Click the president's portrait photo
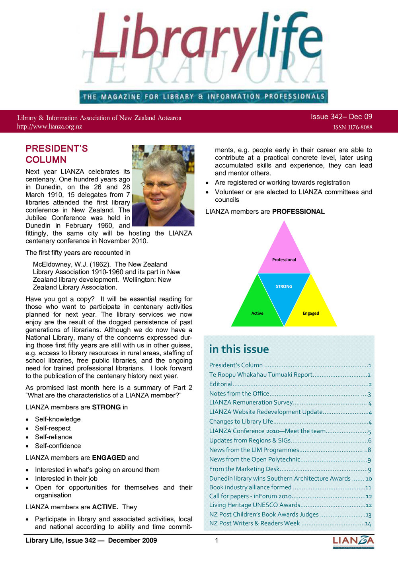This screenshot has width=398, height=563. (x=163, y=185)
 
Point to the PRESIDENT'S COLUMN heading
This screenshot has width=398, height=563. (x=57, y=154)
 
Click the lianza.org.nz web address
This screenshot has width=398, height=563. (x=49, y=127)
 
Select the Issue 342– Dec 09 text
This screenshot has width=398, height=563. (x=341, y=117)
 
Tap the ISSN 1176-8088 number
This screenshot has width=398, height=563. (x=353, y=127)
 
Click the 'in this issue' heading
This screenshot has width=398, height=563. (x=239, y=349)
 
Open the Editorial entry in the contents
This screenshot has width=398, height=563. (x=221, y=384)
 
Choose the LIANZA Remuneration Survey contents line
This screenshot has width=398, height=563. (x=251, y=403)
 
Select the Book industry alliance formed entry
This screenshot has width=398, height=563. (x=250, y=487)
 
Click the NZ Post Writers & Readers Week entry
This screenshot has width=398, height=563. (x=254, y=523)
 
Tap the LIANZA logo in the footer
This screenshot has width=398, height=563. (x=353, y=542)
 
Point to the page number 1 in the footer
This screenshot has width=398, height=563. (x=217, y=540)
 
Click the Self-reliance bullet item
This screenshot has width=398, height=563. (x=53, y=437)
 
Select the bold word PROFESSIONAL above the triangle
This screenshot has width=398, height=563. (x=298, y=211)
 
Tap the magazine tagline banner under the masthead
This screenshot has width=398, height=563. (x=203, y=96)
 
